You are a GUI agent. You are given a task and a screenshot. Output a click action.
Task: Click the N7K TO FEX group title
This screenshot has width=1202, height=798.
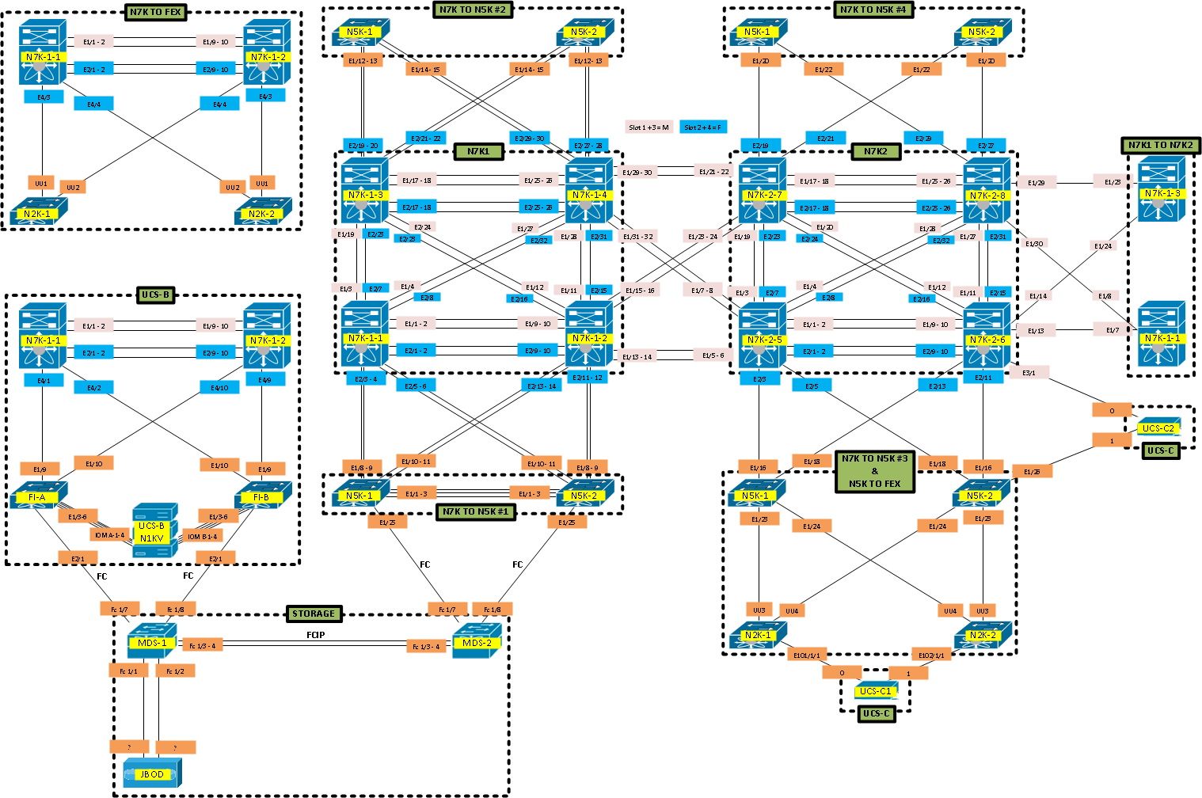coord(156,12)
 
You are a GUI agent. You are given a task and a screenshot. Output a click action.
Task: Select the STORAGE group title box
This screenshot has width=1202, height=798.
coord(314,614)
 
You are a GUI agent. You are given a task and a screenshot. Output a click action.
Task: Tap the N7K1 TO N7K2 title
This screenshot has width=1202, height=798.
coord(1161,145)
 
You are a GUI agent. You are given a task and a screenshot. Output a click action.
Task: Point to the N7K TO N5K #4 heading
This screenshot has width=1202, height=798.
coord(873,9)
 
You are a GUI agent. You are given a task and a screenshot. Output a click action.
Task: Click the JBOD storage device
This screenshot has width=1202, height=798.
coord(152,773)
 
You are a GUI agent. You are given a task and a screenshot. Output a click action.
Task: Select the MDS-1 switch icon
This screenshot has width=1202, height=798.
coord(152,641)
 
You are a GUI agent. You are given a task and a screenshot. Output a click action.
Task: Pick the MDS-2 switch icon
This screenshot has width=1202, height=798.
coord(477,641)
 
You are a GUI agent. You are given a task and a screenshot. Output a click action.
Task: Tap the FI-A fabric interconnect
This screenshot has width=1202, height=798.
coord(37,496)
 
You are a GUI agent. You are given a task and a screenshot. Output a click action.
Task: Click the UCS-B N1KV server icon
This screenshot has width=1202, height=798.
coord(151,524)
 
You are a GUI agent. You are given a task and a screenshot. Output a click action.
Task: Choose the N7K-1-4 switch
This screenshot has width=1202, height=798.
coord(589,191)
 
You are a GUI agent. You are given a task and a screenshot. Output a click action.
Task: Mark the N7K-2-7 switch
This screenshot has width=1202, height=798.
coord(763,191)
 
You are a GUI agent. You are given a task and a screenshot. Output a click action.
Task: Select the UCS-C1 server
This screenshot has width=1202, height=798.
coord(875,690)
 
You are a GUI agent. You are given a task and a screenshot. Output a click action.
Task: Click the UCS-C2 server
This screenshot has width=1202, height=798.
coord(1158,427)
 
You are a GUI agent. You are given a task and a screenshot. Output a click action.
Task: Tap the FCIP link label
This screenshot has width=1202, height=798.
coord(315,635)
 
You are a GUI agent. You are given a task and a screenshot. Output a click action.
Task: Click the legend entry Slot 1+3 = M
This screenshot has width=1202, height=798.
coord(649,127)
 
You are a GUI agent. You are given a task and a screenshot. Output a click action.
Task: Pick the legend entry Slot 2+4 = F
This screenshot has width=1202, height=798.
coord(703,127)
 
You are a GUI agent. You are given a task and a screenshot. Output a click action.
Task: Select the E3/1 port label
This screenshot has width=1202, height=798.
coord(1029,372)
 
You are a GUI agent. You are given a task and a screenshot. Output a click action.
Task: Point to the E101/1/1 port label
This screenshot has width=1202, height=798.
coord(807,655)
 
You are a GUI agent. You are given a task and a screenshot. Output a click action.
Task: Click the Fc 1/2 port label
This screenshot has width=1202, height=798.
coord(175,671)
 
